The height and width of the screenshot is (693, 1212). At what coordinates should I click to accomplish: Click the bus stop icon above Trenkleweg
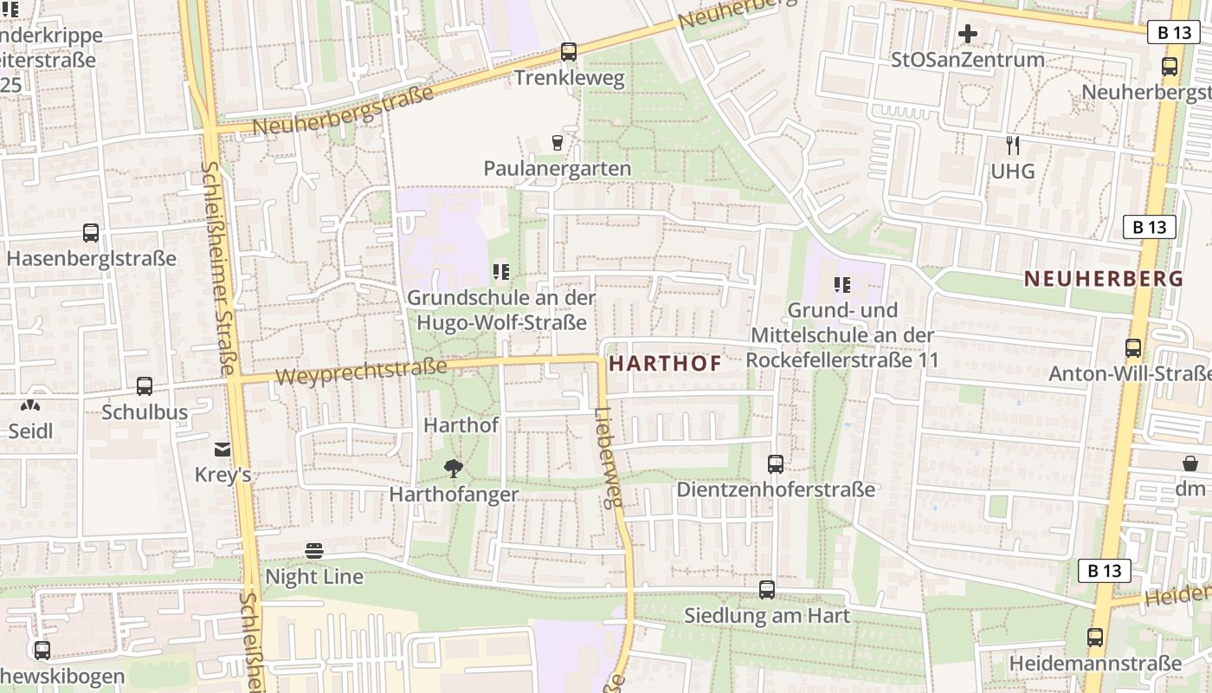[x=568, y=52]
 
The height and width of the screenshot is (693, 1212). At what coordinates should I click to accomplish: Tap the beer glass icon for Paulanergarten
[x=557, y=142]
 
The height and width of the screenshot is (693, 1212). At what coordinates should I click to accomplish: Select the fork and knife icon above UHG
[x=1012, y=145]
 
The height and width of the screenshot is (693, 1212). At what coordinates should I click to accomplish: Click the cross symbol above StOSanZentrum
[x=968, y=34]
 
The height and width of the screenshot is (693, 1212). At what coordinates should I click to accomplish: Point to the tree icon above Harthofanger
[x=453, y=469]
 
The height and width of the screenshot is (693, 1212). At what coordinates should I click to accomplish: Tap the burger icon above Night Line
[x=313, y=551]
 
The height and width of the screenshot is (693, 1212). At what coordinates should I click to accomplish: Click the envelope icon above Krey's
[x=222, y=449]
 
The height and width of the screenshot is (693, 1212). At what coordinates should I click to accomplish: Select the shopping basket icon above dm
[x=1190, y=463]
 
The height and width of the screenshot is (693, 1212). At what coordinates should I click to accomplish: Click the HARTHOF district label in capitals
[x=665, y=364]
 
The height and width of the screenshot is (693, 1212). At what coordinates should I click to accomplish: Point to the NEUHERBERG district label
[x=1103, y=279]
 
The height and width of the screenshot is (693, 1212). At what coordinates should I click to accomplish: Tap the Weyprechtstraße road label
[x=361, y=372]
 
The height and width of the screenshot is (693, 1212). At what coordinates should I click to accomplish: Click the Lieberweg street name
[x=609, y=457]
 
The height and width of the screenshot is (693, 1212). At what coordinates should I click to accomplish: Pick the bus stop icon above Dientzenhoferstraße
[x=775, y=464]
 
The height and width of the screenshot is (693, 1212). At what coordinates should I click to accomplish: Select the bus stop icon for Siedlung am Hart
[x=767, y=590]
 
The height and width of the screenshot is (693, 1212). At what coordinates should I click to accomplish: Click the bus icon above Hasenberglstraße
[x=91, y=232]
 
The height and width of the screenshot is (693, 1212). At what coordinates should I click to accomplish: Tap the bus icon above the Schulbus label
[x=145, y=386]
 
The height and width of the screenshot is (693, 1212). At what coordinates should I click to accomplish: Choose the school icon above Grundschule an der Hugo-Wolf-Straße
[x=500, y=272]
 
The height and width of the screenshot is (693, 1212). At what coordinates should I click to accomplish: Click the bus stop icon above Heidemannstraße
[x=1095, y=638]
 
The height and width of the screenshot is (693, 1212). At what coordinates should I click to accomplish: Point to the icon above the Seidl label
[x=30, y=404]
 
